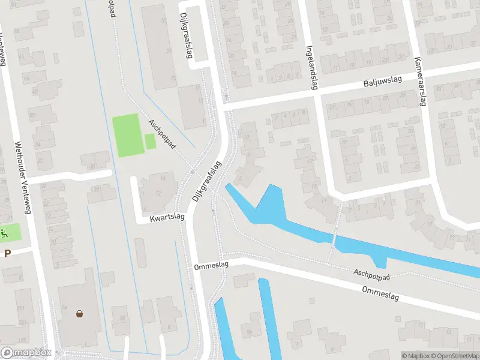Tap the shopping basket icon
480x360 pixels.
click(79, 313)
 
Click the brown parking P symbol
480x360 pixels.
click(7, 254)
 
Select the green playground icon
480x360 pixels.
click(4, 232)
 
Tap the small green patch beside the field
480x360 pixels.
click(150, 142)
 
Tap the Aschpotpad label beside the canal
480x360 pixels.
click(371, 274)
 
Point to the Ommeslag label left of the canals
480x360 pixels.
click(208, 266)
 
